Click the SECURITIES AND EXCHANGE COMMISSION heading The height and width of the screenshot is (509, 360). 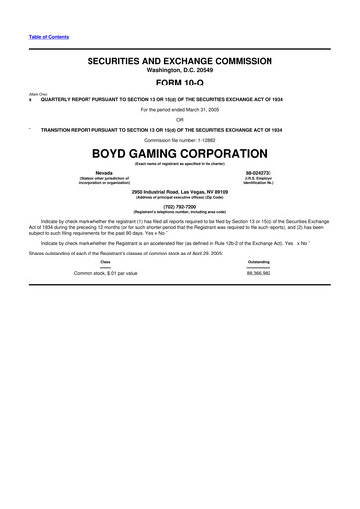pos(179,62)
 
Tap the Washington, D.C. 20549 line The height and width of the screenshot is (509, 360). pos(179,71)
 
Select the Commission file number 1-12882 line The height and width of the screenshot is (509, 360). pos(179,140)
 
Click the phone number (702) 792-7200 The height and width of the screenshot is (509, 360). pos(179,207)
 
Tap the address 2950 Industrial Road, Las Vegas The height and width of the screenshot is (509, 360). pos(179,190)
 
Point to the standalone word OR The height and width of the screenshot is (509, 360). pos(179,119)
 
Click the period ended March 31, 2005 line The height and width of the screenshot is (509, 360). pos(179,109)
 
